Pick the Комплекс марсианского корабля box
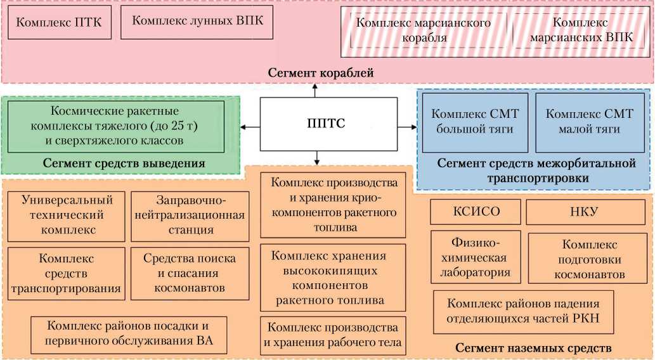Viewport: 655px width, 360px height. tap(424, 30)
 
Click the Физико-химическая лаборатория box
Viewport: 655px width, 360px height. tap(476, 257)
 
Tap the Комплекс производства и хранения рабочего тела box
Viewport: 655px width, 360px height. tap(333, 336)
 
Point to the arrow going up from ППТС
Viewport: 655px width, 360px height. tap(316, 90)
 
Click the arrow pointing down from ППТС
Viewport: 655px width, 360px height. tap(316, 158)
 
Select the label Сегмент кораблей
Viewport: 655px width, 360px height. tap(320, 74)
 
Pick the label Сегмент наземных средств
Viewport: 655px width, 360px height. tap(533, 348)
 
